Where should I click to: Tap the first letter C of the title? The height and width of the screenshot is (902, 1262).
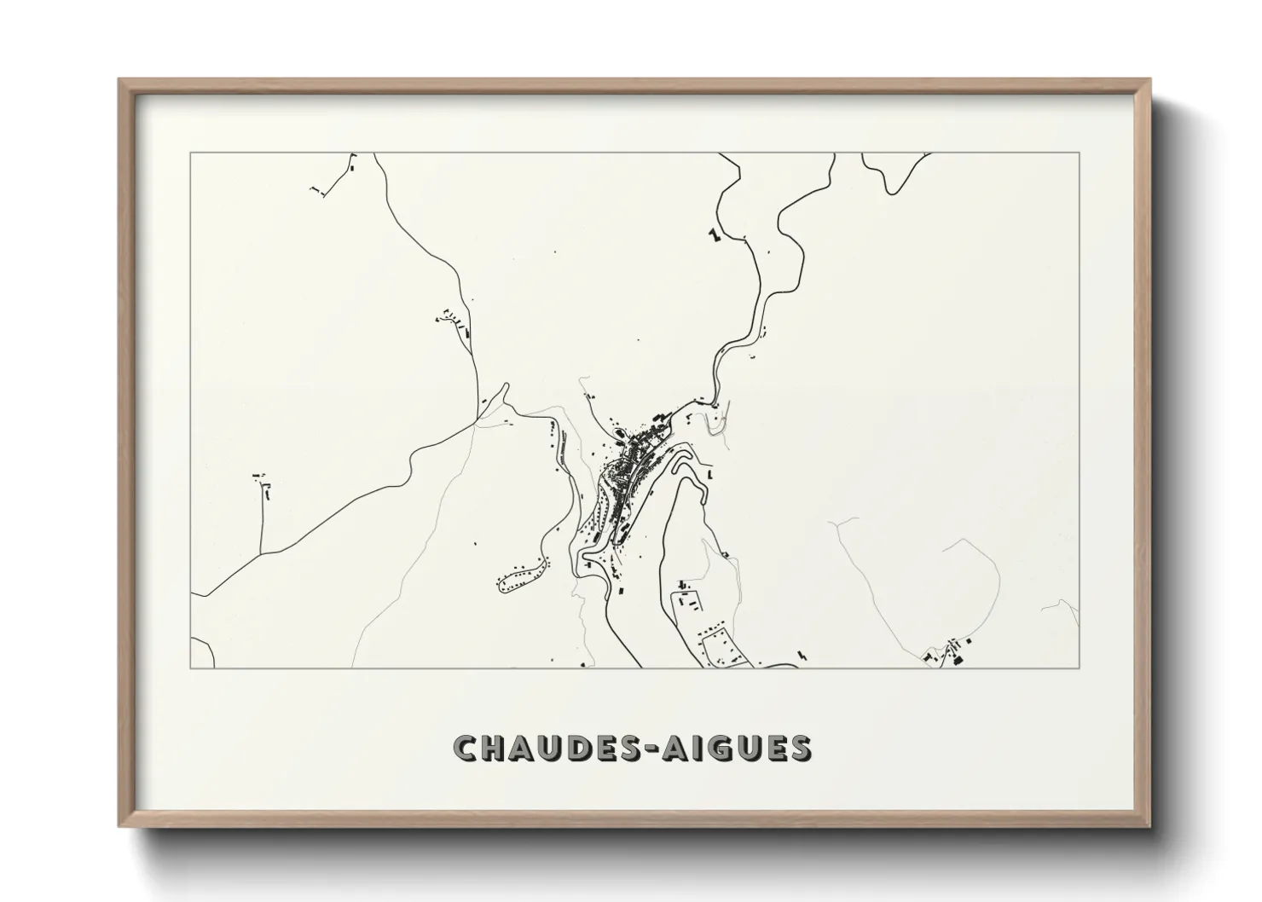[466, 748]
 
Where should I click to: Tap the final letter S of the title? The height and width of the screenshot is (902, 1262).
[800, 748]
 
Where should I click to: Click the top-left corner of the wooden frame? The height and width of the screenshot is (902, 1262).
[119, 80]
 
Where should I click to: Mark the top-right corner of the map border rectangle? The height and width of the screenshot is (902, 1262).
[1080, 153]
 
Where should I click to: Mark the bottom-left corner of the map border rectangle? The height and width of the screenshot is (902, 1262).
[191, 668]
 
